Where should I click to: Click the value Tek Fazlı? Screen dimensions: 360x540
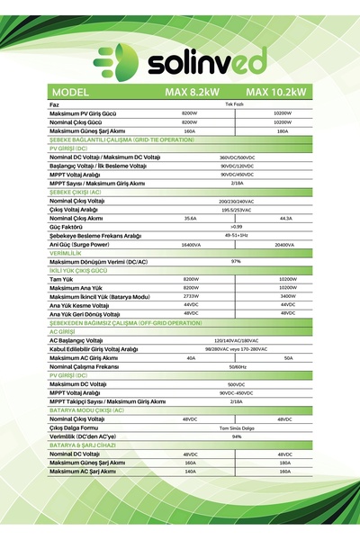[x=235, y=105]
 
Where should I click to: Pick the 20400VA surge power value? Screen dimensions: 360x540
[x=284, y=245]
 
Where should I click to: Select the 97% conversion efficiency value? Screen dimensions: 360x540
[x=237, y=261]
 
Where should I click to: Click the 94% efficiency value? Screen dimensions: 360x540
[x=237, y=436]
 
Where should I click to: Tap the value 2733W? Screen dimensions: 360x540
[x=191, y=296]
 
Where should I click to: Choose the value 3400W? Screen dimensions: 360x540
[x=287, y=296]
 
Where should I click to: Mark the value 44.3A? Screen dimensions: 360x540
[x=286, y=218]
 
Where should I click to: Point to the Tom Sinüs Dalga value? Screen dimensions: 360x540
[x=237, y=427]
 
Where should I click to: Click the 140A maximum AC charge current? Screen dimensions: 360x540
[x=190, y=471]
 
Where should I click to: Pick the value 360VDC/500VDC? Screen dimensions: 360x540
[x=237, y=157]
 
